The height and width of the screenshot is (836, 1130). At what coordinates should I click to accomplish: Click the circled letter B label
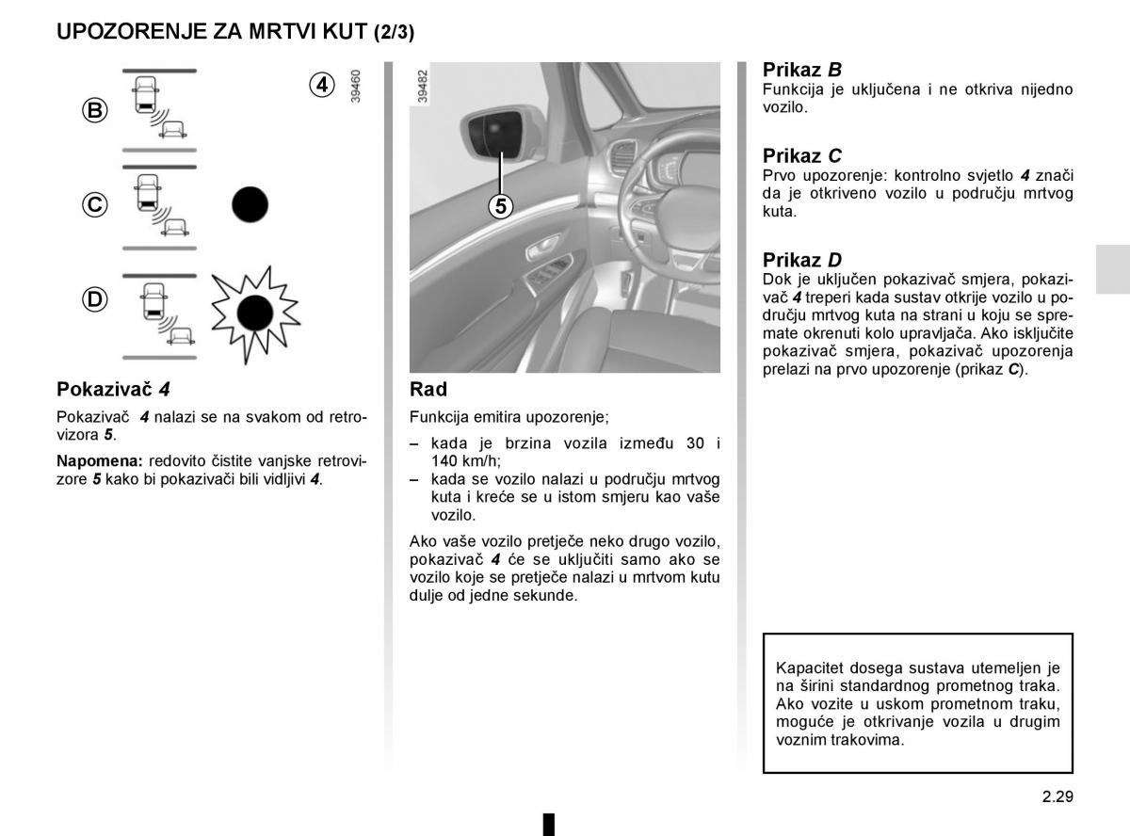coord(94,111)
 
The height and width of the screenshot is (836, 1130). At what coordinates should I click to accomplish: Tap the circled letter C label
coord(94,204)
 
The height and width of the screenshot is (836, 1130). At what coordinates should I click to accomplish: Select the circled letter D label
coord(94,299)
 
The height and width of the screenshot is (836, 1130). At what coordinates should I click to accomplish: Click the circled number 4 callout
coord(322,85)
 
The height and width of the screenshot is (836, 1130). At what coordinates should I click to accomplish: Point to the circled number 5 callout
coord(500,206)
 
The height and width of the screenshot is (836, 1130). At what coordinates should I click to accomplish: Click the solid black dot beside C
coord(250,203)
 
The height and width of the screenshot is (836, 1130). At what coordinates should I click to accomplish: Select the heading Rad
coord(428,389)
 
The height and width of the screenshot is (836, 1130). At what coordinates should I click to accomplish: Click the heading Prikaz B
coord(801,70)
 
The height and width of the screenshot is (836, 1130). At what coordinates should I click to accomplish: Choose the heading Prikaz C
coord(801,155)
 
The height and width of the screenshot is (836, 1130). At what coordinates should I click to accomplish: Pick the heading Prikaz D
coord(801,260)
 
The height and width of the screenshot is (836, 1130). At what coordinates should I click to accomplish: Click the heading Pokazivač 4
coord(113,389)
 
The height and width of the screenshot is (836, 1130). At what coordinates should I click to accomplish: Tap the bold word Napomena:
coord(99,461)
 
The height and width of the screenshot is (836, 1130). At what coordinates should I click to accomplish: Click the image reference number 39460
coord(355,86)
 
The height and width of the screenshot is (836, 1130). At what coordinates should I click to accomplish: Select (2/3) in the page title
coord(394,32)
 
